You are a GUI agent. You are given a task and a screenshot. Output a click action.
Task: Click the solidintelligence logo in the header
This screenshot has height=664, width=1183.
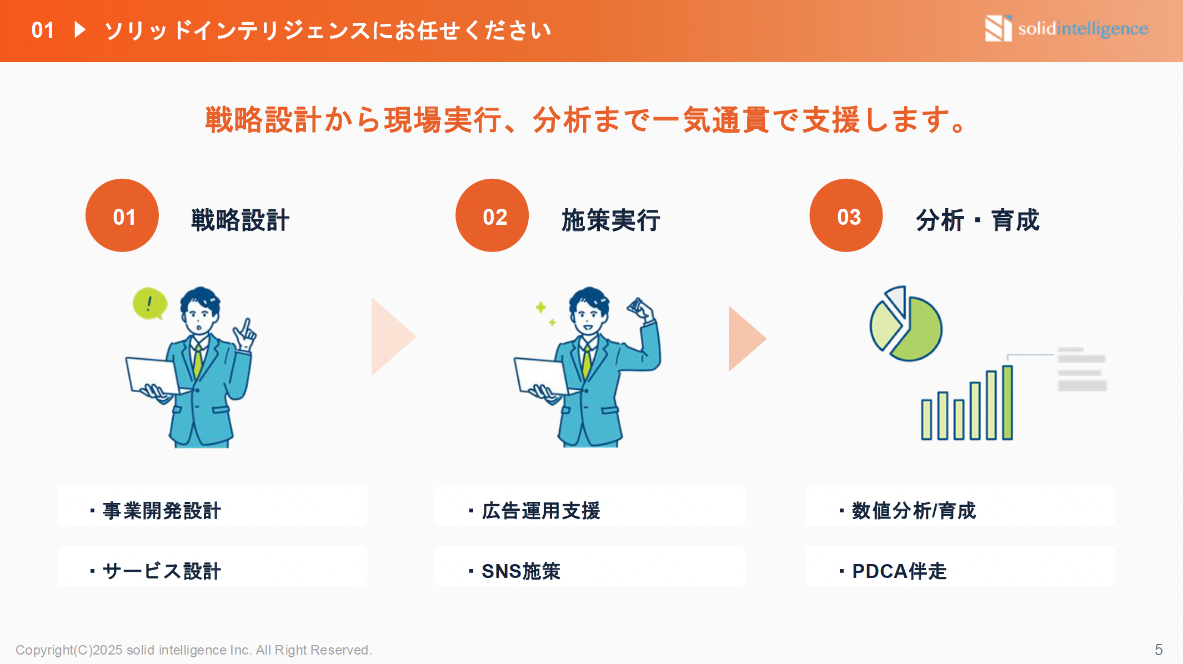pyautogui.click(x=1066, y=28)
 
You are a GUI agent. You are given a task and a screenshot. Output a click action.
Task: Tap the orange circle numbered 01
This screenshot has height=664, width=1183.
pyautogui.click(x=122, y=215)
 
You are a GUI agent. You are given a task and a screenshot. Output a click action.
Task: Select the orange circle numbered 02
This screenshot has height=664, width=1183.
pyautogui.click(x=492, y=215)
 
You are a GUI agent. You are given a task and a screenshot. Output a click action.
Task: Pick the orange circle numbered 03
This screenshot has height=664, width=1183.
pyautogui.click(x=846, y=215)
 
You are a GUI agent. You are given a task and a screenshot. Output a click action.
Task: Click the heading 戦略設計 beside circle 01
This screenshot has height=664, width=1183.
pyautogui.click(x=240, y=220)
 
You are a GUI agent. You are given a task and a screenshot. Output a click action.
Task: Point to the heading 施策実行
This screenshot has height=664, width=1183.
pyautogui.click(x=610, y=220)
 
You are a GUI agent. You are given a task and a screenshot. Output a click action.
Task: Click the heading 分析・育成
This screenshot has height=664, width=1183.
pyautogui.click(x=977, y=220)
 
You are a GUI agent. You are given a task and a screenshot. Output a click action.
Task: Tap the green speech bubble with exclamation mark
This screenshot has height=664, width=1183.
pyautogui.click(x=149, y=303)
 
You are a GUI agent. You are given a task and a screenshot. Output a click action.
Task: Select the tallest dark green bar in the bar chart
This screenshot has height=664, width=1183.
pyautogui.click(x=1007, y=403)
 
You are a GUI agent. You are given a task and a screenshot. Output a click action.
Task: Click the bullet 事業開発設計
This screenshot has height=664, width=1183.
pyautogui.click(x=162, y=510)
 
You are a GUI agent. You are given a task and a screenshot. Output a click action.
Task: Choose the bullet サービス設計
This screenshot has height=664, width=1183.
pyautogui.click(x=162, y=571)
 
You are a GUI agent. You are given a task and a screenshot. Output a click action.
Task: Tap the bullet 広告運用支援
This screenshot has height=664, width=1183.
pyautogui.click(x=540, y=510)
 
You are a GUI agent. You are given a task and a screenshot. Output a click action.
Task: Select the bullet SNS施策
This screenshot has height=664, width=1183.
pyautogui.click(x=520, y=571)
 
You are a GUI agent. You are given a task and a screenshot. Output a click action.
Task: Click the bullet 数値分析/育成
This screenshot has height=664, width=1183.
pyautogui.click(x=913, y=510)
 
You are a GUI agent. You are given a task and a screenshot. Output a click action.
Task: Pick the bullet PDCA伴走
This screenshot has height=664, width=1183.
pyautogui.click(x=899, y=571)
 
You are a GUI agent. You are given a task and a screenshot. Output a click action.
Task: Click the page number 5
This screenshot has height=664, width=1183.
pyautogui.click(x=1159, y=650)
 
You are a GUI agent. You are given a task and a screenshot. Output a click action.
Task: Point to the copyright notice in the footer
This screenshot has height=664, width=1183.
pyautogui.click(x=194, y=650)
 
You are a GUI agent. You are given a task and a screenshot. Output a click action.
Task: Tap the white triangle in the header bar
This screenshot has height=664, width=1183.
pyautogui.click(x=80, y=29)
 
